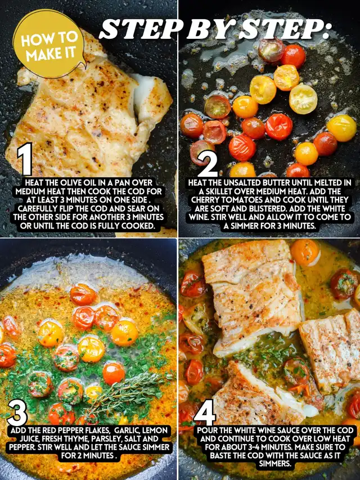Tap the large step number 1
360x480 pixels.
(x=25, y=159)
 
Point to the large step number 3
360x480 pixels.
(x=18, y=412)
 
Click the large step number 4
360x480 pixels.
(x=205, y=412)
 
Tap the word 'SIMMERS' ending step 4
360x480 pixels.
(x=275, y=464)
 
